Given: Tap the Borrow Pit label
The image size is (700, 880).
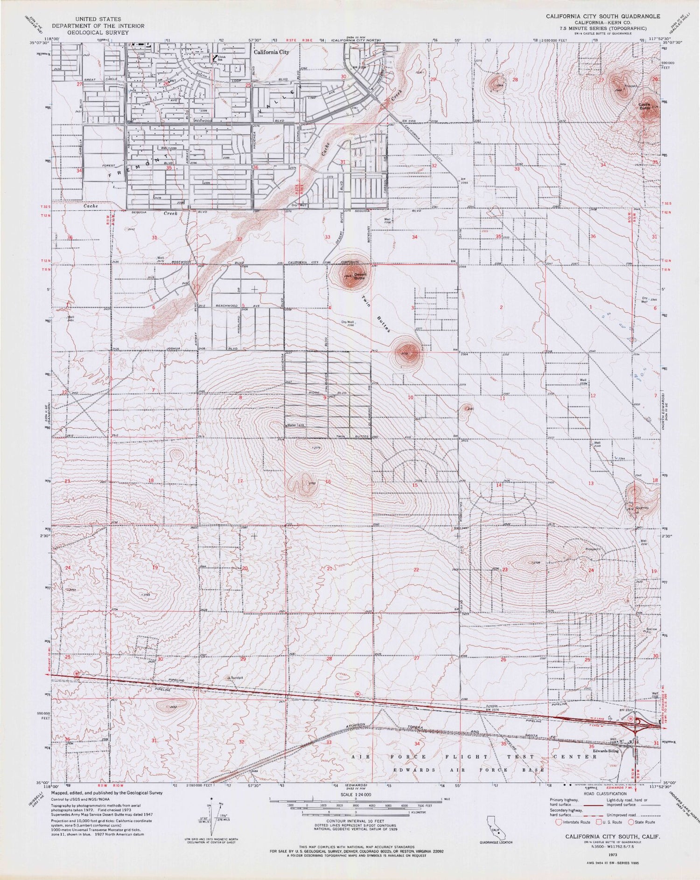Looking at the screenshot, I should click(651, 631).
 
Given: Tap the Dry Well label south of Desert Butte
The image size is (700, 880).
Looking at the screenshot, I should click(348, 322).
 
